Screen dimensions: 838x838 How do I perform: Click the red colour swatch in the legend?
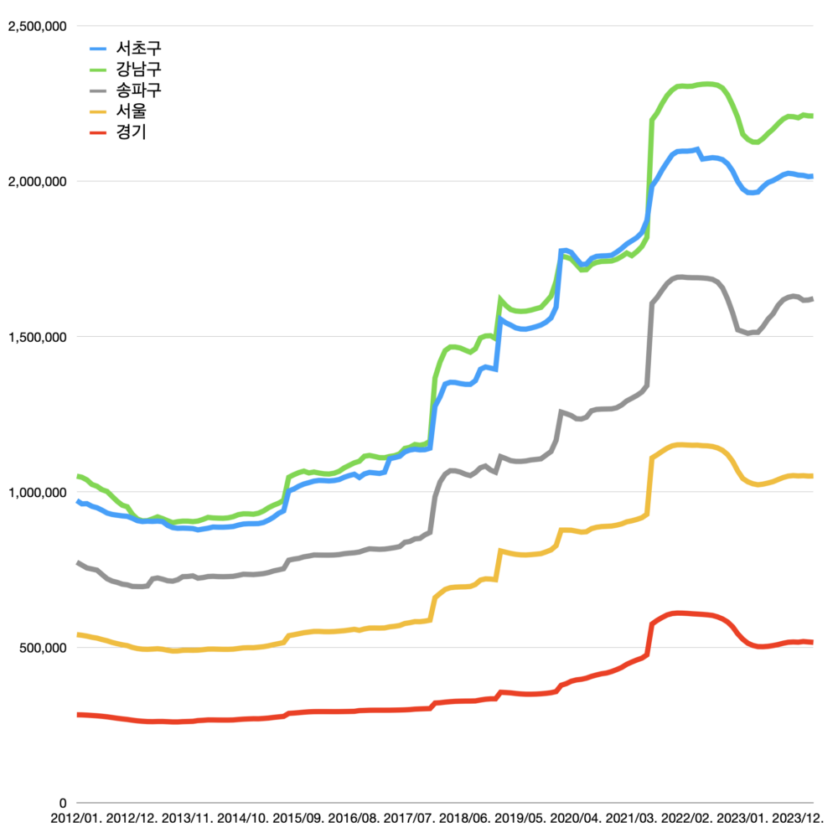coord(98,132)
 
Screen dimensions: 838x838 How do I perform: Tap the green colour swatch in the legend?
coord(98,70)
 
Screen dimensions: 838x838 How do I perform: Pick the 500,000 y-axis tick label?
coord(43,648)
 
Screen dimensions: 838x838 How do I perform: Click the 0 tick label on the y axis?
coord(61,803)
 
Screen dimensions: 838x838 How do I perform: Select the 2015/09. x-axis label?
coord(299,818)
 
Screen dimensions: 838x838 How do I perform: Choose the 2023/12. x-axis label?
coord(794,818)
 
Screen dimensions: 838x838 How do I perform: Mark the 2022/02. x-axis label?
coord(684,818)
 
